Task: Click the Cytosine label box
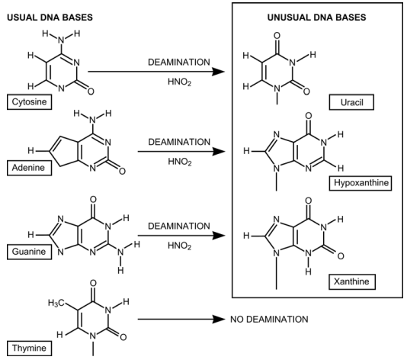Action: (x=29, y=102)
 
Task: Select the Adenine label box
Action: (x=29, y=168)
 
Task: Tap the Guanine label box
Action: (x=29, y=252)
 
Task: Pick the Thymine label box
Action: (x=29, y=348)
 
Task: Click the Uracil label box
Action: (x=351, y=102)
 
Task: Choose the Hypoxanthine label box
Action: (x=361, y=183)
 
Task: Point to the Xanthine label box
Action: (x=352, y=281)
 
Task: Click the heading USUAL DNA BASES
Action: (x=50, y=18)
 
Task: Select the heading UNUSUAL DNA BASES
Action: (x=316, y=18)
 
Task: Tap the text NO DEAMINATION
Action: (x=269, y=320)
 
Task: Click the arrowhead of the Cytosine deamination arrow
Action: (x=218, y=72)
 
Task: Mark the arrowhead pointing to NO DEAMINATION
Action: (x=218, y=320)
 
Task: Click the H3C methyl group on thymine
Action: (x=56, y=303)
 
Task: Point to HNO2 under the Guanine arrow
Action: (x=180, y=246)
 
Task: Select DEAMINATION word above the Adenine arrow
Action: (x=179, y=142)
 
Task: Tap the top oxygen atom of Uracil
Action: (x=277, y=36)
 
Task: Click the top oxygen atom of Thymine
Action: (x=93, y=284)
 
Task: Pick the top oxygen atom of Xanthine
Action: (x=309, y=201)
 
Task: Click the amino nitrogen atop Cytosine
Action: (x=61, y=40)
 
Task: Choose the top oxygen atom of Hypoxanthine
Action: (x=309, y=116)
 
